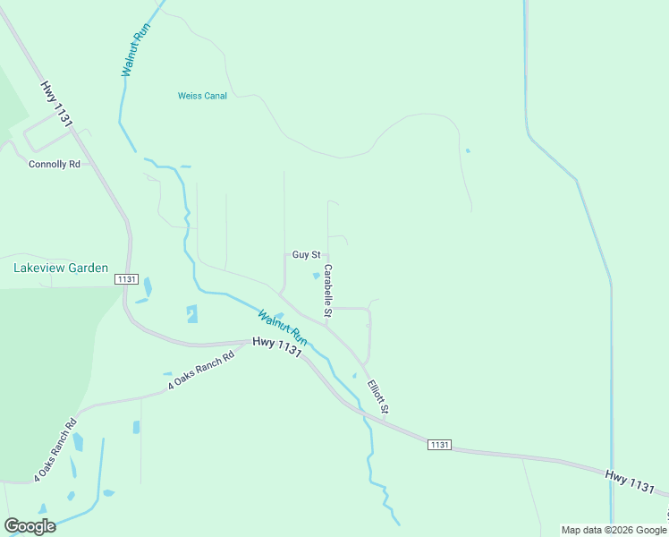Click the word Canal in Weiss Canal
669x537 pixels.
pos(214,96)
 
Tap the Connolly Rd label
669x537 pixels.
pos(55,165)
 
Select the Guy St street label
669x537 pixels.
pos(306,255)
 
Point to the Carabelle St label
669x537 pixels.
pos(328,290)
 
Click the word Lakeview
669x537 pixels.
pos(40,268)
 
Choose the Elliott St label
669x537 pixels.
pos(378,396)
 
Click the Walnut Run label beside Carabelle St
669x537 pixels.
pos(283,328)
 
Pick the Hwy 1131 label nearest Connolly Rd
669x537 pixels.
pos(55,105)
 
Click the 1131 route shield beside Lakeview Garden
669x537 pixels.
pos(126,279)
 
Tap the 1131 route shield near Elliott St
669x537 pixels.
pos(439,445)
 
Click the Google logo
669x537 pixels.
pos(30,526)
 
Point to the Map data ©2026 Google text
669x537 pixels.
pos(614,530)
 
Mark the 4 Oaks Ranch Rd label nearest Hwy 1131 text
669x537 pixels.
pos(200,371)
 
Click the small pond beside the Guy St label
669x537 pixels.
pos(316,276)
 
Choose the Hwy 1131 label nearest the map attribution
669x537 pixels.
pos(630,481)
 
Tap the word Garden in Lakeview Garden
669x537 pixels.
pos(92,268)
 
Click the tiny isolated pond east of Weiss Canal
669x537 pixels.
pos(468,150)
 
